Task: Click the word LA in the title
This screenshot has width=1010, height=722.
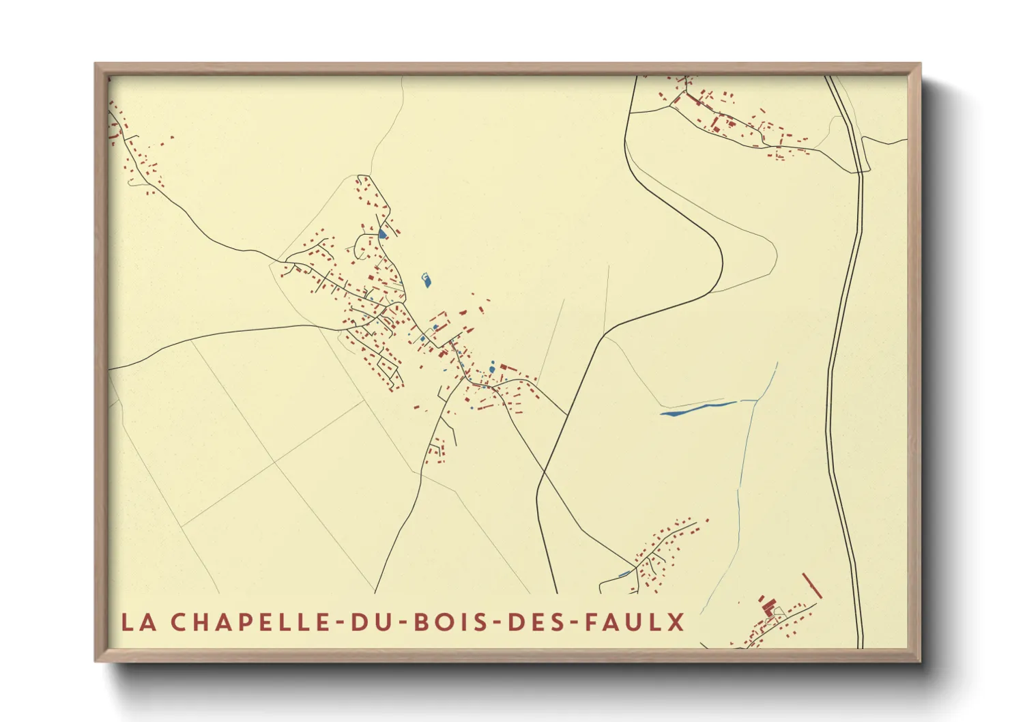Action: [x=135, y=622]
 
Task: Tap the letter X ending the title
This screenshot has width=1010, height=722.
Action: [x=676, y=622]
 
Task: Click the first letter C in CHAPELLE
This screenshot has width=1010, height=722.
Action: [x=179, y=622]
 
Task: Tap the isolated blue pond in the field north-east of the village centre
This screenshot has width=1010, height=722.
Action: [x=427, y=280]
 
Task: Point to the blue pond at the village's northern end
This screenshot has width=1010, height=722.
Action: [x=382, y=234]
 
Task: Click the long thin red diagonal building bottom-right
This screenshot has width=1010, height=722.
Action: [x=812, y=586]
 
